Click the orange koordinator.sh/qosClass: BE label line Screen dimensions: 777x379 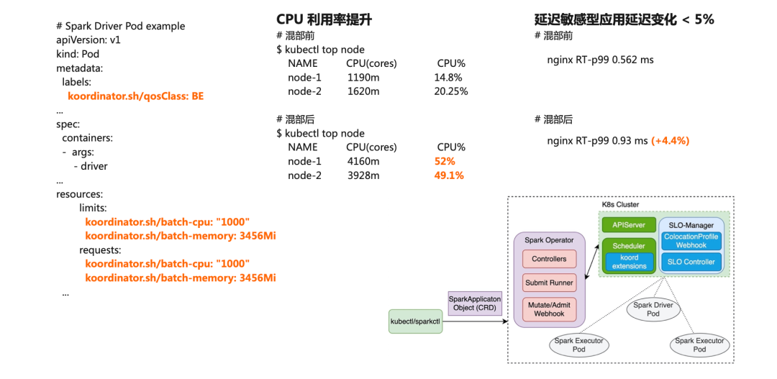pyautogui.click(x=135, y=96)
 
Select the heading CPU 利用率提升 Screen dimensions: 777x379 pyautogui.click(x=324, y=19)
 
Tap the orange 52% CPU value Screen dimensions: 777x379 pyautogui.click(x=445, y=161)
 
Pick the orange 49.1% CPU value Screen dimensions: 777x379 pyautogui.click(x=448, y=175)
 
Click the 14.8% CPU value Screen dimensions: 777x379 pyautogui.click(x=447, y=77)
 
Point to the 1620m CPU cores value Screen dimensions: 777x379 pyautogui.click(x=363, y=91)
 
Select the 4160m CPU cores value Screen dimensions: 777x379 pyautogui.click(x=363, y=161)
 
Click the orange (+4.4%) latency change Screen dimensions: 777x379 pyautogui.click(x=671, y=140)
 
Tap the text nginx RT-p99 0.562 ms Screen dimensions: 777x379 pyautogui.click(x=601, y=60)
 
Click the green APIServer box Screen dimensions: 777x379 pyautogui.click(x=629, y=225)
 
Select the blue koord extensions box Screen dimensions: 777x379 pyautogui.click(x=629, y=262)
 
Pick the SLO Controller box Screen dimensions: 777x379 pyautogui.click(x=691, y=262)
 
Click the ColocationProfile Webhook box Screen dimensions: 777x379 pyautogui.click(x=691, y=241)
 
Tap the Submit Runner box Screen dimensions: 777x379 pyautogui.click(x=549, y=283)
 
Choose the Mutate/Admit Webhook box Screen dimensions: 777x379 pyautogui.click(x=549, y=309)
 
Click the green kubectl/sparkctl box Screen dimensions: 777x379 pyautogui.click(x=415, y=321)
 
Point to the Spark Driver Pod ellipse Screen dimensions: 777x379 pyautogui.click(x=653, y=310)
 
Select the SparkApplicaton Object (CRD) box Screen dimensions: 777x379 pyautogui.click(x=474, y=303)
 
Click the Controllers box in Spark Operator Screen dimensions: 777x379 pyautogui.click(x=549, y=259)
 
